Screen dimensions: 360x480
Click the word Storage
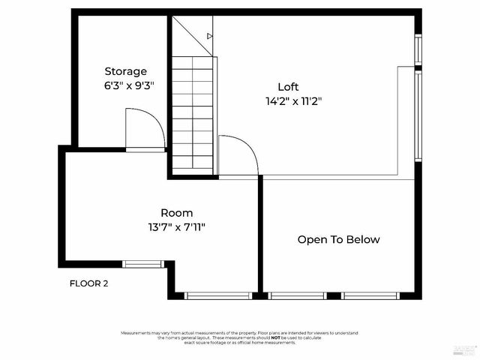coord(125,71)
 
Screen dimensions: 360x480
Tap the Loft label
coord(289,86)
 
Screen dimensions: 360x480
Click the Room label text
coord(176,212)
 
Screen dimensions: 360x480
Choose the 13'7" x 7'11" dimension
coord(176,226)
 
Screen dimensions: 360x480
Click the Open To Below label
coord(338,240)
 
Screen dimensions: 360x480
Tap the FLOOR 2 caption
coord(89,283)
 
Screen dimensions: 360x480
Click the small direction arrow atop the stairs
coord(210,35)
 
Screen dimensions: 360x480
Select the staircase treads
coord(193,112)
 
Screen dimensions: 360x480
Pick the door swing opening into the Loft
coord(238,156)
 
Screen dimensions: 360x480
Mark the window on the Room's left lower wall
coord(142,263)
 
